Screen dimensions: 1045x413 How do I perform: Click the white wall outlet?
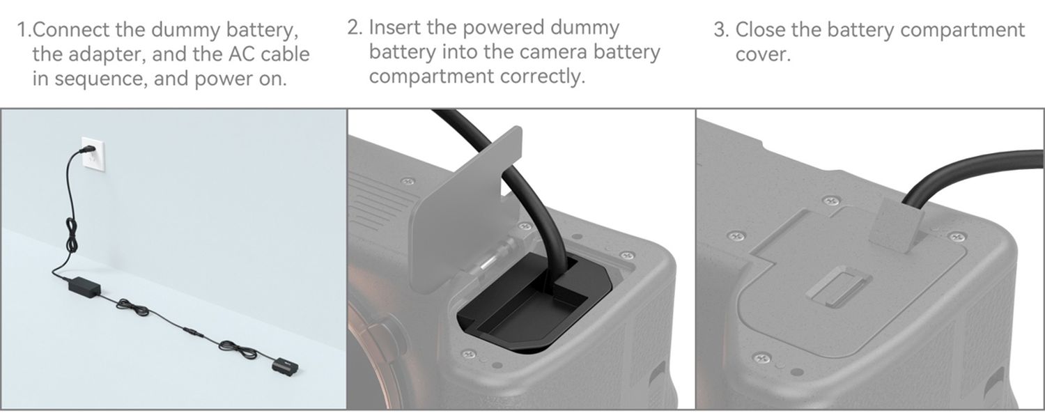[93, 155]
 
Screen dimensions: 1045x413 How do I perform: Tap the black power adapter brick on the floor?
[84, 285]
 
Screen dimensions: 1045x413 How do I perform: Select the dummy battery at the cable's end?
[285, 365]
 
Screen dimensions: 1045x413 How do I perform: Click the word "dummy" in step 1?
[186, 30]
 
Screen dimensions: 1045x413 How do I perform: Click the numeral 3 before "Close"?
[721, 30]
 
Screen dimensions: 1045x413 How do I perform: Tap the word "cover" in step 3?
[762, 54]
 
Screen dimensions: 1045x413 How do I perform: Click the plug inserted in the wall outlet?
[87, 150]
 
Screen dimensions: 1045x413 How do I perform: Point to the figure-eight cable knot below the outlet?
[71, 236]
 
